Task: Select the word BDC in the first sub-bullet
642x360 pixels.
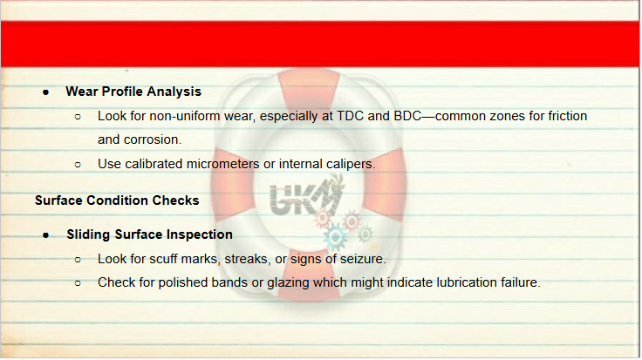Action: (x=407, y=116)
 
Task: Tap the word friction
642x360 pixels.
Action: (x=568, y=116)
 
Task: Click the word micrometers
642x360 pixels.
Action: (x=222, y=164)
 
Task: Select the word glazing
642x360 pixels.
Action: (x=288, y=283)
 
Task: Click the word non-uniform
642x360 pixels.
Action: (x=185, y=116)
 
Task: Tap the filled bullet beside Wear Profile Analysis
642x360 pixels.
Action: (x=46, y=93)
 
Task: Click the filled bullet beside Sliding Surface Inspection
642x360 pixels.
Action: (x=46, y=235)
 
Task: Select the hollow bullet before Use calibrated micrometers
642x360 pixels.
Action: (x=78, y=165)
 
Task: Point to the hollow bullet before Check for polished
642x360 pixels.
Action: (x=78, y=283)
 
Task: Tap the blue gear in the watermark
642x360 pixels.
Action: (x=335, y=236)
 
